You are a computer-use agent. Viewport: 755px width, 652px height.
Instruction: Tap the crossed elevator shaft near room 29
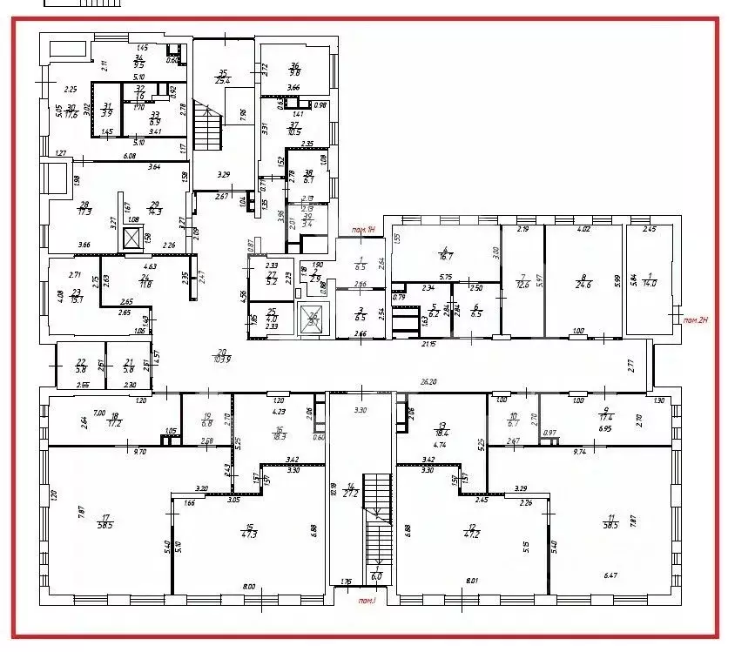[x=131, y=237]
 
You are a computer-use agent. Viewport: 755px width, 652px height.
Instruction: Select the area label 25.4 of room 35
[x=223, y=82]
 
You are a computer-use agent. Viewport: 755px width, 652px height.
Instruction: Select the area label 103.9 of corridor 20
[x=222, y=360]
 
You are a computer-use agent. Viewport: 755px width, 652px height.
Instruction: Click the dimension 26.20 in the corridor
[x=451, y=380]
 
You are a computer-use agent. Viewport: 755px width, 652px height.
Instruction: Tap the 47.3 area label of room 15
[x=250, y=534]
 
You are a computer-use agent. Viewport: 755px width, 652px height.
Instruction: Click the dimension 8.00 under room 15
[x=249, y=587]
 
